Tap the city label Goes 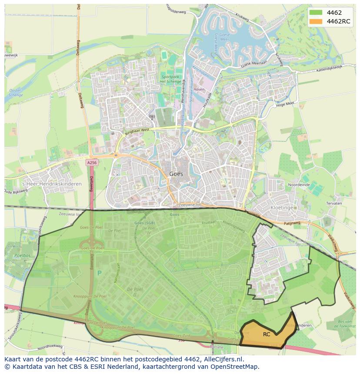pos(176,174)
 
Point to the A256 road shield pos(91,162)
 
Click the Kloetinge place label pos(282,208)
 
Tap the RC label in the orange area pos(267,334)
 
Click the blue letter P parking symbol pos(99,273)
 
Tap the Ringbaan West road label pos(137,129)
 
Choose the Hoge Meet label pos(285,104)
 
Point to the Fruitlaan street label pos(209,222)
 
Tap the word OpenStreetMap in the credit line pos(238,367)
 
